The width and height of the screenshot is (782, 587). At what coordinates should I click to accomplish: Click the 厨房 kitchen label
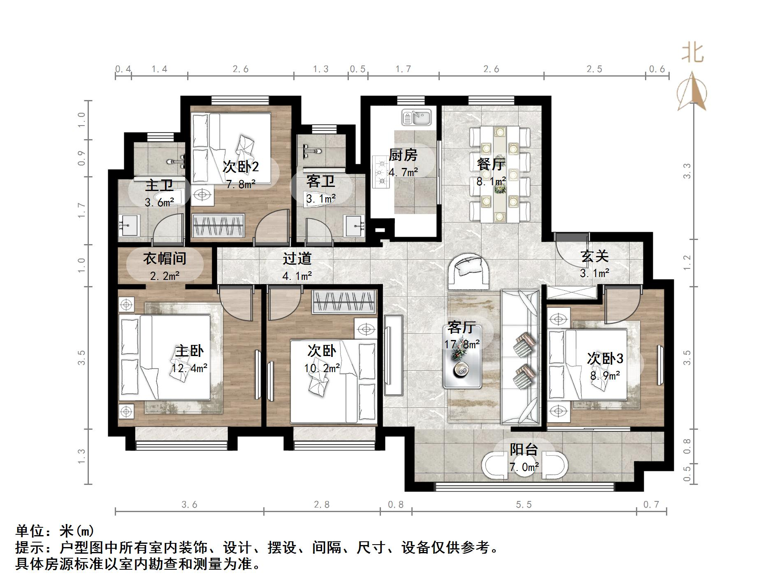pos(403,155)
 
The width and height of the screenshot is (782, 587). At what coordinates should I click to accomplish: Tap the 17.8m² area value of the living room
pos(462,344)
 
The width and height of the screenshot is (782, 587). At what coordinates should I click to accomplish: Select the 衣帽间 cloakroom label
pos(165,259)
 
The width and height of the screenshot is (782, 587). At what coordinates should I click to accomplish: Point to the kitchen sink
pos(416,117)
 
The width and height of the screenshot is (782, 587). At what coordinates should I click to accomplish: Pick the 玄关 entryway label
pos(594,256)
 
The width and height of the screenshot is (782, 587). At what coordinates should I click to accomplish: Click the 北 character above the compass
pos(693,54)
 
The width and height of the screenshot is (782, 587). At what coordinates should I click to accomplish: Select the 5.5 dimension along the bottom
pos(524,504)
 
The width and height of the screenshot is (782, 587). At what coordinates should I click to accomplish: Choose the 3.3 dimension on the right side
pos(687,171)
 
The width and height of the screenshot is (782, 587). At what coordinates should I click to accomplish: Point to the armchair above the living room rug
pos(469,270)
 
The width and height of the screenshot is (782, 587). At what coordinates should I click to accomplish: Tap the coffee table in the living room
pos(462,356)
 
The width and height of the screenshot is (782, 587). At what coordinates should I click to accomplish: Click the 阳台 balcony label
pos(524,450)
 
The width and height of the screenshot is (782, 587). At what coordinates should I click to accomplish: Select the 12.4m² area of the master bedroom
pos(189,368)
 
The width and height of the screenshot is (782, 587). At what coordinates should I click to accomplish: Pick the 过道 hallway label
pos(297,259)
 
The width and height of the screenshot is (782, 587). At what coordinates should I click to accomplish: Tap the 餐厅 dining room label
pos(491,165)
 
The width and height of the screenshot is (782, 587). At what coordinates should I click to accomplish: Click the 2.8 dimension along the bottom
pos(322,504)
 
